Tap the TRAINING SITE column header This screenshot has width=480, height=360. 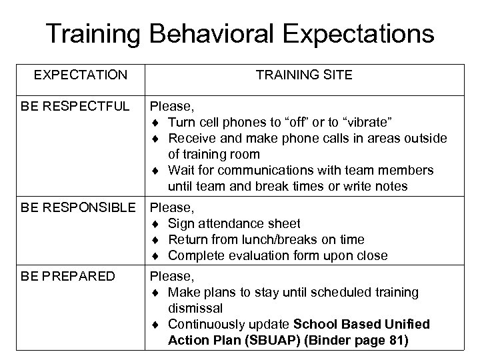tap(304, 75)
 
